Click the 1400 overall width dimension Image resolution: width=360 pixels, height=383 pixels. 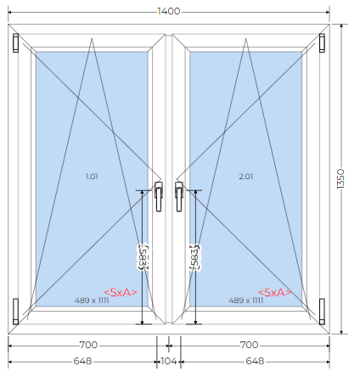[169, 11]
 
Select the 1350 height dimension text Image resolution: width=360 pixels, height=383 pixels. [340, 179]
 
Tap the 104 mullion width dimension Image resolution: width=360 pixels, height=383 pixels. [169, 361]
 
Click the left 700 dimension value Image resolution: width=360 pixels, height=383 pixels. [88, 345]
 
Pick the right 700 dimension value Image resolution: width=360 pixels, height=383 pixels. [249, 345]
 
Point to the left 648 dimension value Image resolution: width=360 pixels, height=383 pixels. [82, 361]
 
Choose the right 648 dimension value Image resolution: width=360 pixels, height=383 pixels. [255, 361]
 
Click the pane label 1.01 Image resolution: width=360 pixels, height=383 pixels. [92, 177]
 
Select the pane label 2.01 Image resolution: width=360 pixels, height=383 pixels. [246, 177]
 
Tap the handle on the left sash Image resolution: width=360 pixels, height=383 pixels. [159, 196]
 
